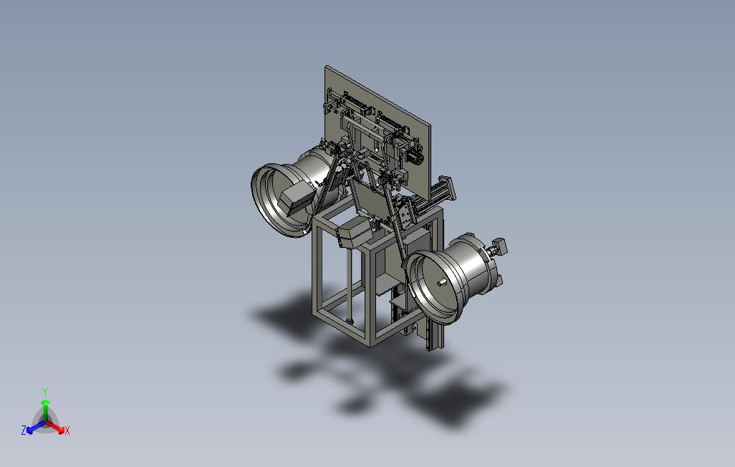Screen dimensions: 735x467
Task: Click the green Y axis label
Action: pyautogui.click(x=45, y=392)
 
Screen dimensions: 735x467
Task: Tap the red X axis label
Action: pyautogui.click(x=67, y=430)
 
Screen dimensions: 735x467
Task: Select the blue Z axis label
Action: pyautogui.click(x=24, y=430)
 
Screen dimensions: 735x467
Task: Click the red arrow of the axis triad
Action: pyautogui.click(x=55, y=427)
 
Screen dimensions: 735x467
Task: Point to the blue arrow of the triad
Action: pyautogui.click(x=36, y=427)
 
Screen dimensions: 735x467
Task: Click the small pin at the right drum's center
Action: pyautogui.click(x=441, y=283)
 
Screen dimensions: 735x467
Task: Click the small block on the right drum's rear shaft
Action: pyautogui.click(x=499, y=245)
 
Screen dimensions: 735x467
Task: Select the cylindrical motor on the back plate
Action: pyautogui.click(x=415, y=157)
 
